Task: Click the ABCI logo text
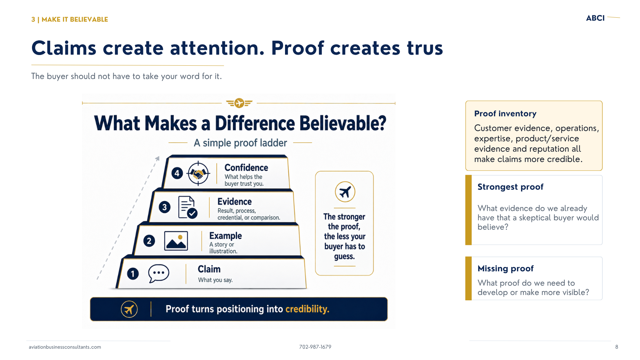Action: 595,18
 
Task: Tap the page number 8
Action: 617,347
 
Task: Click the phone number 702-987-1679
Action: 315,347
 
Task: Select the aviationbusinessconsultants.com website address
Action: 65,347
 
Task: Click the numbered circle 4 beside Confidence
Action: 177,173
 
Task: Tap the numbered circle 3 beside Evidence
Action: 164,207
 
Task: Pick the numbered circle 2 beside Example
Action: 149,241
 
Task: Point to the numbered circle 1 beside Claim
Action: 133,274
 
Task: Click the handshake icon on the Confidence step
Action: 198,173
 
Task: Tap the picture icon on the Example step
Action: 176,241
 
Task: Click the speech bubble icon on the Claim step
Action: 159,273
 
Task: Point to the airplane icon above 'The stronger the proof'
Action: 345,192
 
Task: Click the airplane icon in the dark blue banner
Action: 129,309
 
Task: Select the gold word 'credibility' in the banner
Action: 307,309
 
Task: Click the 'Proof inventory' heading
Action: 505,114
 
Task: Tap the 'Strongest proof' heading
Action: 510,187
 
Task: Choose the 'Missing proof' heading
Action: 505,269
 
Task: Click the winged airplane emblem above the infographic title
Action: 239,103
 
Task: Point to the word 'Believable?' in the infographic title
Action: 343,123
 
